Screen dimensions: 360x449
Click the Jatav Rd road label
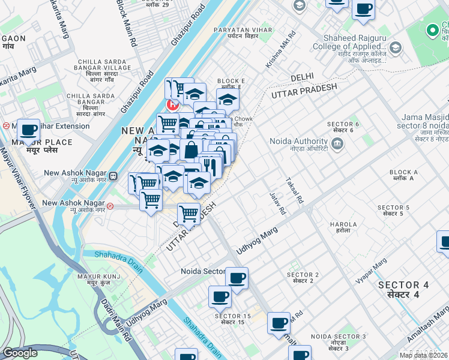pos(278,204)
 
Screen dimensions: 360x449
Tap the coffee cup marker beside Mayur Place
pos(28,130)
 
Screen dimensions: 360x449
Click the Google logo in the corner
pos(20,353)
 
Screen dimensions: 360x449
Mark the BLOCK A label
pos(403,175)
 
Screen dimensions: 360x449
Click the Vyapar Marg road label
pos(372,272)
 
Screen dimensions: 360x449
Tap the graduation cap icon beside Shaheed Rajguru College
pos(395,47)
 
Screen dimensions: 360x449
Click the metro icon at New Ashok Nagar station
pos(110,206)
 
